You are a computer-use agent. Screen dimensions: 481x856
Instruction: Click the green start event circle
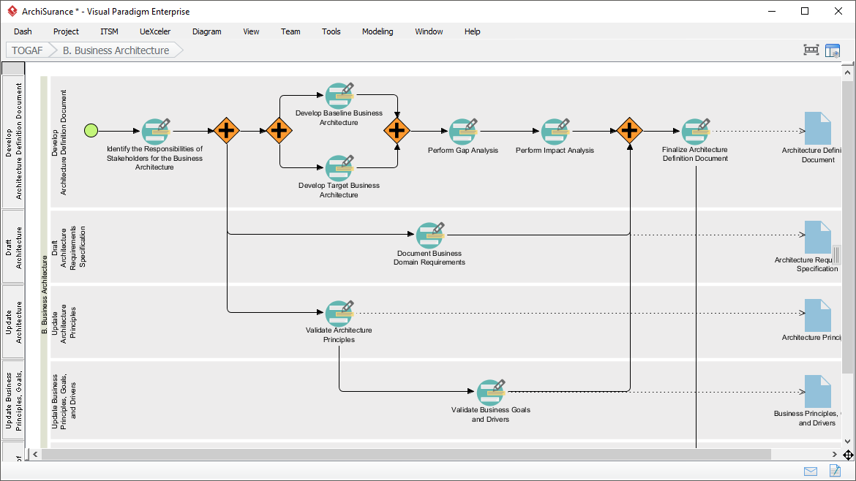(x=91, y=131)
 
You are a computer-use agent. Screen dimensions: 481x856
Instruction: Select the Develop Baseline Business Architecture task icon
(x=339, y=96)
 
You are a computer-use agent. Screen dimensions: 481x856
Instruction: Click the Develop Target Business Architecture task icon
(x=339, y=167)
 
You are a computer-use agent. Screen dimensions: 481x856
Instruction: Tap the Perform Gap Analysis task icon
(x=462, y=132)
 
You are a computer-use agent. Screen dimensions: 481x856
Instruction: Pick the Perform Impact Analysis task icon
(x=555, y=132)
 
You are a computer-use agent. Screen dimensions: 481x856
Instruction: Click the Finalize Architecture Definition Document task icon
(x=695, y=132)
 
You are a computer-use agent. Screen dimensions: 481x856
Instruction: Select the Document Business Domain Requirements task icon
(x=429, y=235)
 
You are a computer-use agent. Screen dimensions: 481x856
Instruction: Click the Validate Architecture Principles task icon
(x=339, y=313)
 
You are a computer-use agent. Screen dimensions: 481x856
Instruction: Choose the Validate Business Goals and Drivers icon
(x=491, y=393)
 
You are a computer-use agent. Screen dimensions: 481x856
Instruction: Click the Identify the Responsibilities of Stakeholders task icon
(x=155, y=132)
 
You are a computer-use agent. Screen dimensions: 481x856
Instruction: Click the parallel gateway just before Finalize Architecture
(x=629, y=131)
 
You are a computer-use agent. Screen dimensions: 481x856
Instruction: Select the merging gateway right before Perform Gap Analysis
(x=397, y=131)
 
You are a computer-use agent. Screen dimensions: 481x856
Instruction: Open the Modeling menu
(x=378, y=31)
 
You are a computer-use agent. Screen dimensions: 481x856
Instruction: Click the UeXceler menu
(x=155, y=31)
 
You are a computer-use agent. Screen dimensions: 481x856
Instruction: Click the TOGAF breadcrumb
(x=27, y=50)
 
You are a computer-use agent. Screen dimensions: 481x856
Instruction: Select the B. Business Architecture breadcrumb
(x=116, y=50)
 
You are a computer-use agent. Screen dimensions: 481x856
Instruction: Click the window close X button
(x=838, y=11)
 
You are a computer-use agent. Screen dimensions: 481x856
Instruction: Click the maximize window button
(x=805, y=11)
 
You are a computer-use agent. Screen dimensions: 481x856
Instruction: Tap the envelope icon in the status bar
(x=811, y=471)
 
